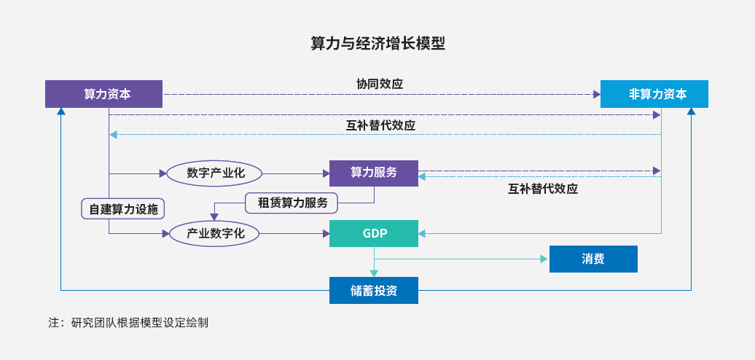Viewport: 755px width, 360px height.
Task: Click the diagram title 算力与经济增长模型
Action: tap(377, 43)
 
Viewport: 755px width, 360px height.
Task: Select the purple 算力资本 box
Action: tap(104, 94)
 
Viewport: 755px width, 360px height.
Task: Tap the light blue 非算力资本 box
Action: tap(654, 94)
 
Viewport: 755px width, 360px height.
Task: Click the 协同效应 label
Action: tap(380, 84)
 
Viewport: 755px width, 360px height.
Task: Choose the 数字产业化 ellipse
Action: tap(214, 173)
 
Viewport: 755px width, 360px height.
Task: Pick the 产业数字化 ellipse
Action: tap(215, 234)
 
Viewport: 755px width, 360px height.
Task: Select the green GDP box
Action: tap(374, 233)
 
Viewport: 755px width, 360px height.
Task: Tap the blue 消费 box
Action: tap(593, 259)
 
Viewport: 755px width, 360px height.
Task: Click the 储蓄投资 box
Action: tap(374, 290)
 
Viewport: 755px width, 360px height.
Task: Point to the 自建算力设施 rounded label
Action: tap(122, 209)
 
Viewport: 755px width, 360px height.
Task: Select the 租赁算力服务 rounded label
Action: tap(292, 203)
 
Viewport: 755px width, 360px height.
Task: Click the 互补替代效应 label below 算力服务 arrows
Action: tap(543, 189)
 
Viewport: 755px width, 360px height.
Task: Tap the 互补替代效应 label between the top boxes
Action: tap(380, 125)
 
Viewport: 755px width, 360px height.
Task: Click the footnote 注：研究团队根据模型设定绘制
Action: tap(128, 322)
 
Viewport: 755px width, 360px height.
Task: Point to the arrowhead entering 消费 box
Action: tap(544, 259)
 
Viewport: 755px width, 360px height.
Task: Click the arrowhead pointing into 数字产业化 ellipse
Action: tap(163, 173)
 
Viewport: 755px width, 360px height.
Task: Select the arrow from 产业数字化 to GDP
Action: tap(294, 234)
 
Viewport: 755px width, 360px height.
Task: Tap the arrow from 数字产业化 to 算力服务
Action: tap(296, 173)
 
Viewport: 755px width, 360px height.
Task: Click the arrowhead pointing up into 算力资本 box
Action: tap(60, 111)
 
